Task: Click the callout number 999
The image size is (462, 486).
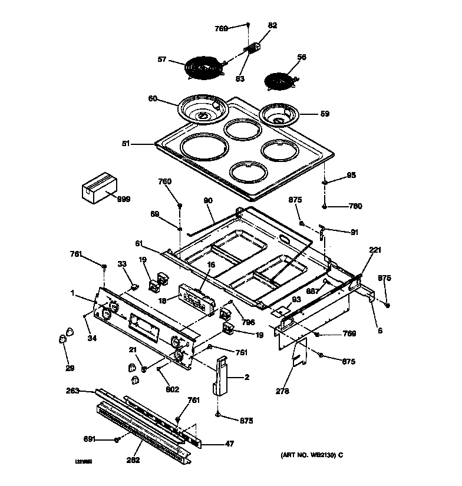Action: click(x=123, y=200)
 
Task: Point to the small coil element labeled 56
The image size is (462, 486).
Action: click(x=279, y=80)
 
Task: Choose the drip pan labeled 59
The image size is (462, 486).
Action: click(x=280, y=114)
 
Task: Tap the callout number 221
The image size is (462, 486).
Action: click(x=375, y=250)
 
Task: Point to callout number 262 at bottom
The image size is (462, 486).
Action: click(x=133, y=460)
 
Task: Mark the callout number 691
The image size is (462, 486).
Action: click(x=89, y=439)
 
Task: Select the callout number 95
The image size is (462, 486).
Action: click(x=351, y=175)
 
